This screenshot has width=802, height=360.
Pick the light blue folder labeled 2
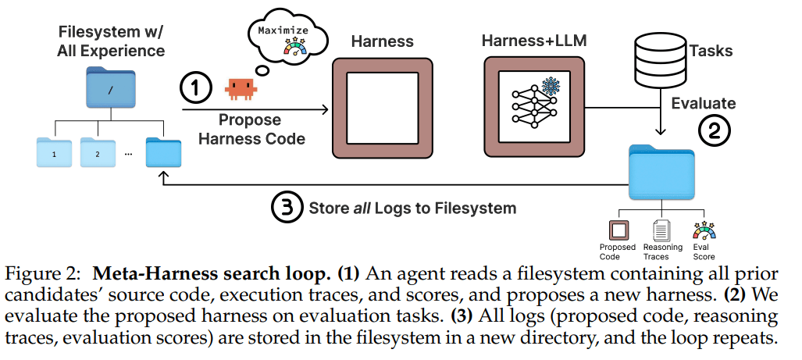98,153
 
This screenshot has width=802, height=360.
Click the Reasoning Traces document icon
661,230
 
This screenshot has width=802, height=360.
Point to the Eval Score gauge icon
704,230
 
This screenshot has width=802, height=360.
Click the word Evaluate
704,103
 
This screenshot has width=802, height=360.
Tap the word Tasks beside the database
711,51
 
